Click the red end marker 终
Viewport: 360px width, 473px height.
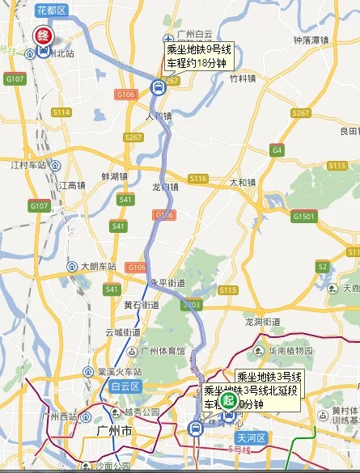[42, 36]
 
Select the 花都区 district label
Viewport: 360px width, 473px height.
[53, 10]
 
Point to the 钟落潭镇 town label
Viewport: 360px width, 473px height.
[310, 40]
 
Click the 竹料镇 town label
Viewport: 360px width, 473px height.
[243, 79]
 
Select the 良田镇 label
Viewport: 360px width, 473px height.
[349, 131]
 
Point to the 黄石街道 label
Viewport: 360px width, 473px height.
[141, 305]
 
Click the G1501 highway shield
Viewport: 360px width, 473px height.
[305, 217]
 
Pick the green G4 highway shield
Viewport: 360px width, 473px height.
[277, 150]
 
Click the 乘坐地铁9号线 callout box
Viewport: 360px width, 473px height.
[199, 57]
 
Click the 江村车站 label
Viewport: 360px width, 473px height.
[26, 165]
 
